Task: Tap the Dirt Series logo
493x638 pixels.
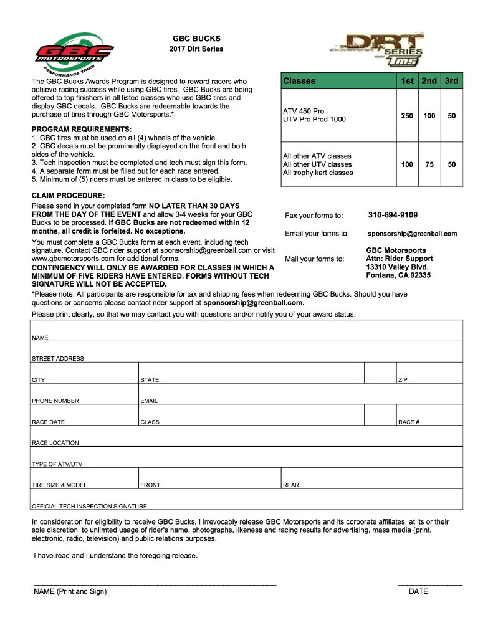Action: (378, 50)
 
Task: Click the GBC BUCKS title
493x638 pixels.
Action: (196, 39)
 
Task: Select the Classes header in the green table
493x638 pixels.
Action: (299, 81)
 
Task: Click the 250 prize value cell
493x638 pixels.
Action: (407, 116)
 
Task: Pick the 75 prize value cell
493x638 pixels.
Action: (429, 164)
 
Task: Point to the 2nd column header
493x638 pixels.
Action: (429, 81)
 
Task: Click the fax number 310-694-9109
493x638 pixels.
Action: (393, 216)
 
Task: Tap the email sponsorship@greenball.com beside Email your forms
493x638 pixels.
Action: (412, 234)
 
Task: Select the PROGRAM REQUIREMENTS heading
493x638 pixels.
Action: (82, 129)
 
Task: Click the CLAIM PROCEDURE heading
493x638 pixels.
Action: (69, 195)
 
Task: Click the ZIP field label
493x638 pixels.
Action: (402, 379)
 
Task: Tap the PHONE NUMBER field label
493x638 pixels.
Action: (55, 401)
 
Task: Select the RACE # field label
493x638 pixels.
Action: (408, 422)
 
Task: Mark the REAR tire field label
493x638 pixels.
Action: (291, 485)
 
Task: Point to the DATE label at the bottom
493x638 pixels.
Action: (418, 591)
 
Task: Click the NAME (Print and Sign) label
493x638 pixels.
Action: (70, 591)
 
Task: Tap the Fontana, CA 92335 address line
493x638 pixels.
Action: (398, 275)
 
